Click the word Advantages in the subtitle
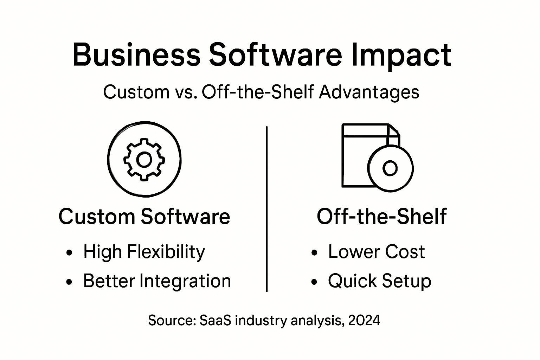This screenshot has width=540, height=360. click(369, 92)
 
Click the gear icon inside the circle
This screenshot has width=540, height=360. click(144, 160)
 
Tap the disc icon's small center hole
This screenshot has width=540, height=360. click(390, 168)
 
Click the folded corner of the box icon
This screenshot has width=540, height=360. click(394, 130)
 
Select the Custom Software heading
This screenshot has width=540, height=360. click(144, 216)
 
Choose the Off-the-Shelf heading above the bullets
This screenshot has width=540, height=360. click(381, 216)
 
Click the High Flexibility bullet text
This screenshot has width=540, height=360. click(144, 252)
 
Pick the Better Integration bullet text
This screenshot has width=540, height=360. click(157, 281)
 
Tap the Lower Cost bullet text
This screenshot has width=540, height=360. click(376, 252)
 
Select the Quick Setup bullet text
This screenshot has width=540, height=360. click(379, 281)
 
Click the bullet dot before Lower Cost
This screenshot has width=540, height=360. click(314, 252)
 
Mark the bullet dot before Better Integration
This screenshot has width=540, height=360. click(69, 282)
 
